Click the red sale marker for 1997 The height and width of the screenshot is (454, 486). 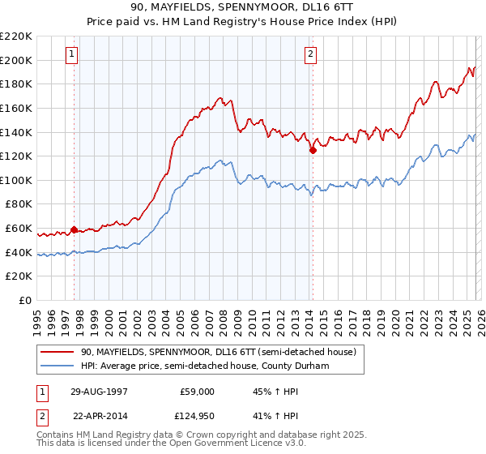pos(75,229)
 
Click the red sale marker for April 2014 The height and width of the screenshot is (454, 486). pos(313,150)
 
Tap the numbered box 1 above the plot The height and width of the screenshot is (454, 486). pos(72,54)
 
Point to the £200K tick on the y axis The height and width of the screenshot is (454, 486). pos(16,60)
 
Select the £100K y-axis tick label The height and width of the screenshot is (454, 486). pos(16,180)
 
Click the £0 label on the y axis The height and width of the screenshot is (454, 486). pos(25,301)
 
